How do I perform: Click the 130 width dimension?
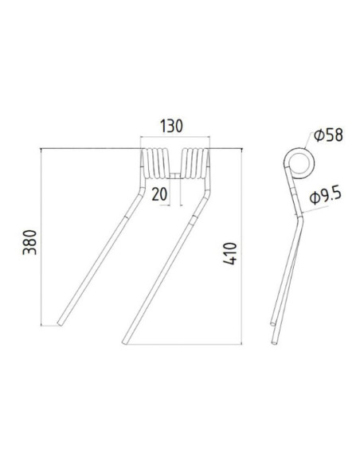click(x=172, y=125)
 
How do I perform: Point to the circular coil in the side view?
click(x=299, y=164)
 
